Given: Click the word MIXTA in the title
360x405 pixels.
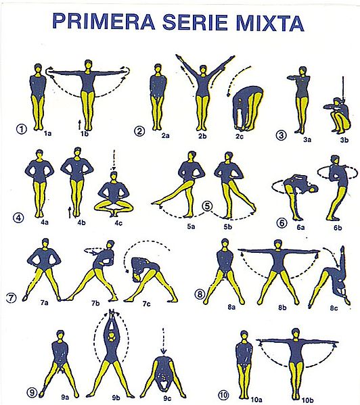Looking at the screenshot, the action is coord(270,22).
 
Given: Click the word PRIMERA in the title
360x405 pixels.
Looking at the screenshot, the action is coord(104,21).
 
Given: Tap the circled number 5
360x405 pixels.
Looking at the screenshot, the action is coord(207,206).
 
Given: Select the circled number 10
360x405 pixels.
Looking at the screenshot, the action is coord(223,395).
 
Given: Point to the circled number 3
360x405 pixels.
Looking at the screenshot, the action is coord(282,135).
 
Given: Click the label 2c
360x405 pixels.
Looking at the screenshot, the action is coord(240,136).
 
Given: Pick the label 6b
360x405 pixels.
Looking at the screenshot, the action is coord(338,228).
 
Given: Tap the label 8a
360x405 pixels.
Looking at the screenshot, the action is coord(231,307).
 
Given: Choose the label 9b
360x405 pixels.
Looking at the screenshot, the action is coord(116,398).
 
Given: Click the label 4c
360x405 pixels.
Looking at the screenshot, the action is coord(118,222).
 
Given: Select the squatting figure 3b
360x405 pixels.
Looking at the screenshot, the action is coord(337,115).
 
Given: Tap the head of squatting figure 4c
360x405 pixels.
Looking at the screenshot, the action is coord(114,176).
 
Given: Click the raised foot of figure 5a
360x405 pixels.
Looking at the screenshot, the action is coord(156,204).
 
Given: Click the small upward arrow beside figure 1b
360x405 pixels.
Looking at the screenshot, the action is coord(80,124).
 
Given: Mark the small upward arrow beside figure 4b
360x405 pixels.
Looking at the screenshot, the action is coord(70,212).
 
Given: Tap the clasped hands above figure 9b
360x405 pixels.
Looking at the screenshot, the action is coord(112,313).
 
